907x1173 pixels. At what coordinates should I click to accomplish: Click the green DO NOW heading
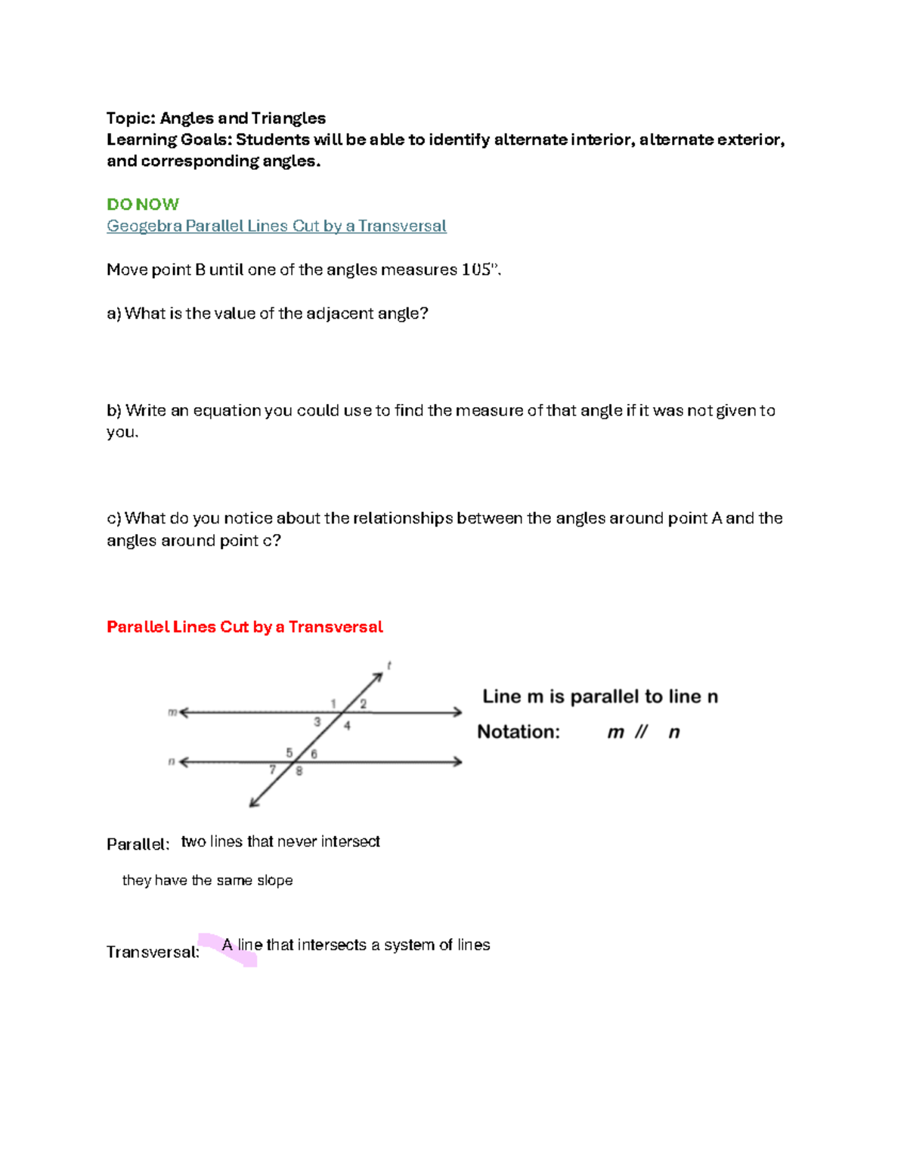click(x=143, y=204)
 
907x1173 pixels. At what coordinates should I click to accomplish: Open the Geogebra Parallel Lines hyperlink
click(x=276, y=226)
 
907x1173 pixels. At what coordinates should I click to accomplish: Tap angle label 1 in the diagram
click(x=333, y=704)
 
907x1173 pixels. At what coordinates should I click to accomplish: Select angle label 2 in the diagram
click(x=363, y=704)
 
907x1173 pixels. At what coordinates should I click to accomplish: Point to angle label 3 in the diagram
click(x=317, y=722)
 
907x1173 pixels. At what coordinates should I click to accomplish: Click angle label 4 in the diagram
click(x=347, y=726)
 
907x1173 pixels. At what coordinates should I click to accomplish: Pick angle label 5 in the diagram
click(x=289, y=752)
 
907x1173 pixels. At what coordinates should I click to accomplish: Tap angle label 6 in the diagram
click(x=314, y=754)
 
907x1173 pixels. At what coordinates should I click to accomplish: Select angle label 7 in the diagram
click(x=273, y=770)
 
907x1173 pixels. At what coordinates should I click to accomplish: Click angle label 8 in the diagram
click(x=299, y=771)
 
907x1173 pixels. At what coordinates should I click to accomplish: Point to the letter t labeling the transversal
click(x=388, y=665)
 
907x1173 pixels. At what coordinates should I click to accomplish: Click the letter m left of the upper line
click(x=172, y=712)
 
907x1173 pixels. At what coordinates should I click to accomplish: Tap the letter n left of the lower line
click(x=172, y=761)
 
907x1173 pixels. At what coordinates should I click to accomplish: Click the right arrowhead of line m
click(x=458, y=712)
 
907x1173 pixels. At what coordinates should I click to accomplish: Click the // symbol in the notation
click(x=641, y=732)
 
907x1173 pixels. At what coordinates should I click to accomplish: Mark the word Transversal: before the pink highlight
click(x=153, y=952)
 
